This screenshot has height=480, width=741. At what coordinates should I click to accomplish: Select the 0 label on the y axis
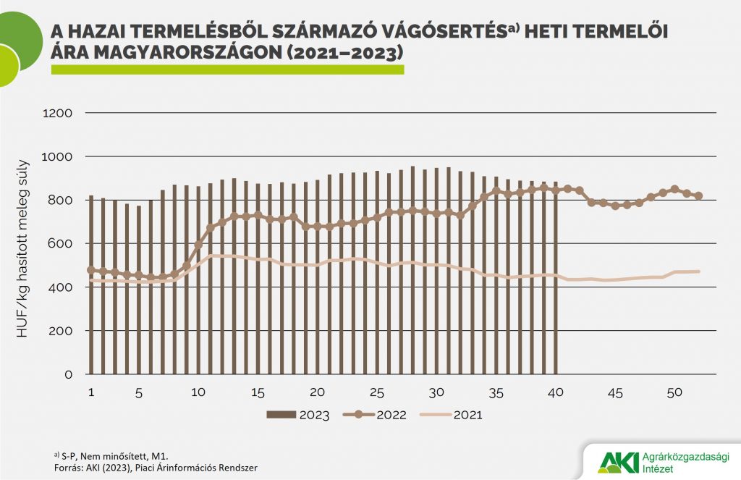click(x=69, y=374)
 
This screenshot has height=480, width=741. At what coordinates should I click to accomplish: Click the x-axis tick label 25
click(x=376, y=392)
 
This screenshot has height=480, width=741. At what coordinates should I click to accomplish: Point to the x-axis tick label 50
click(x=674, y=392)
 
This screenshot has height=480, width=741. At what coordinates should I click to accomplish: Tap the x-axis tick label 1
click(x=91, y=392)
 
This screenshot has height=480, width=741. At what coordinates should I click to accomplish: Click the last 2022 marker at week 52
click(x=698, y=195)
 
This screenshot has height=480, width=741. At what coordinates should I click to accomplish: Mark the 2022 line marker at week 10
click(x=198, y=245)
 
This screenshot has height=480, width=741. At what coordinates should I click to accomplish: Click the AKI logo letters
click(x=619, y=461)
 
